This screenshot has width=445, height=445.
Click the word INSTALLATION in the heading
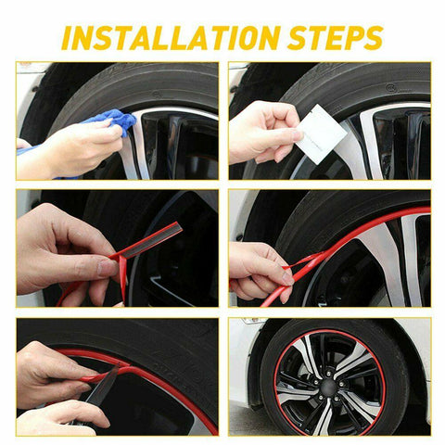(x=171, y=38)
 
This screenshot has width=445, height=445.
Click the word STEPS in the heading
(x=335, y=38)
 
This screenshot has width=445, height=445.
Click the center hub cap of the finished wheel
(x=329, y=385)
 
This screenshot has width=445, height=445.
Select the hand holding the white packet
(x=262, y=133)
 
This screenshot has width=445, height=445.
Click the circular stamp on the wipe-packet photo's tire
(x=390, y=87)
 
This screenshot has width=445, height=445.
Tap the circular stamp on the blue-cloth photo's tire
(x=157, y=94)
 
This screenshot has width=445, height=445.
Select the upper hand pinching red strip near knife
(x=54, y=373)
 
